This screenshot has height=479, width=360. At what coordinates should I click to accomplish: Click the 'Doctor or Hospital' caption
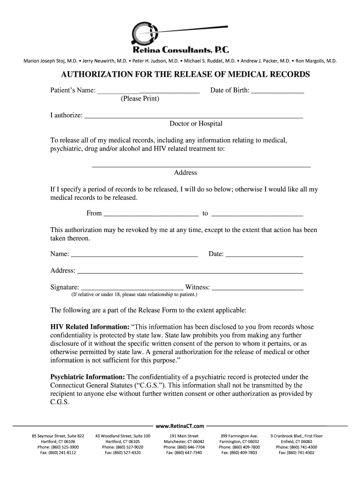(196, 124)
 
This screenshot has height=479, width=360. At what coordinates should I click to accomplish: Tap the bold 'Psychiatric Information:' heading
(87, 377)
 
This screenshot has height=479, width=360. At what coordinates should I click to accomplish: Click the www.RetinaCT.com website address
(180, 426)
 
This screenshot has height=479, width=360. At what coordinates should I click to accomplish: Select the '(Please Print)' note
(140, 99)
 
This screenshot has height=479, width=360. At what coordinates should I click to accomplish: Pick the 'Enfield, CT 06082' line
(296, 442)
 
